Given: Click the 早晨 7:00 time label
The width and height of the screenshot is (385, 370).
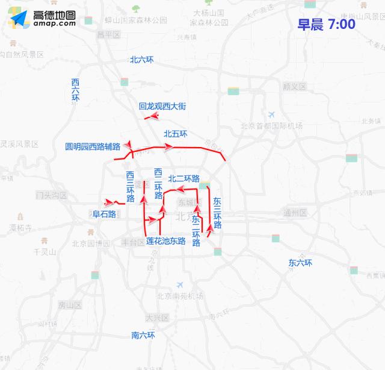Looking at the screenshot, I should [325, 25].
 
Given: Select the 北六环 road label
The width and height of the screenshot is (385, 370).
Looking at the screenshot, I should [142, 60].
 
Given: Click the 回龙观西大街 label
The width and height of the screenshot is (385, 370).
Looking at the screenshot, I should [162, 106].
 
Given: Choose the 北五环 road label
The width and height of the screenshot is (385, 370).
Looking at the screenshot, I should [176, 134].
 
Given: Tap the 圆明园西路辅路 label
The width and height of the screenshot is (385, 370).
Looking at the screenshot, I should [93, 146].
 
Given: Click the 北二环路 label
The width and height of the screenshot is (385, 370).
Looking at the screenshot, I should [184, 178].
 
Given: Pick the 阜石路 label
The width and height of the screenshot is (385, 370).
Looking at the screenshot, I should [103, 214].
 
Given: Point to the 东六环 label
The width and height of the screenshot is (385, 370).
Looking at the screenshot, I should [300, 263].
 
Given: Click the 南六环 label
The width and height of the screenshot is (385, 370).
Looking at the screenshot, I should [143, 335].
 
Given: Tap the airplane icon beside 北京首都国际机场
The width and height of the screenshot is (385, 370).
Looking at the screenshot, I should [272, 114].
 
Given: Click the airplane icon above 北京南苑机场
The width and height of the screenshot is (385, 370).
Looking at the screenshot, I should [179, 284].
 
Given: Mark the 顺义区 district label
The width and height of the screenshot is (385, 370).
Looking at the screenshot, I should [294, 87].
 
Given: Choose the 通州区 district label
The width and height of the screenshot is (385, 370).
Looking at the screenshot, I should [295, 213].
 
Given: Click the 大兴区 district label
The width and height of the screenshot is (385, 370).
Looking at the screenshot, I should [157, 318].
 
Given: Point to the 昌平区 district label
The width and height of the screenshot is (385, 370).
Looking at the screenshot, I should [109, 34].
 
